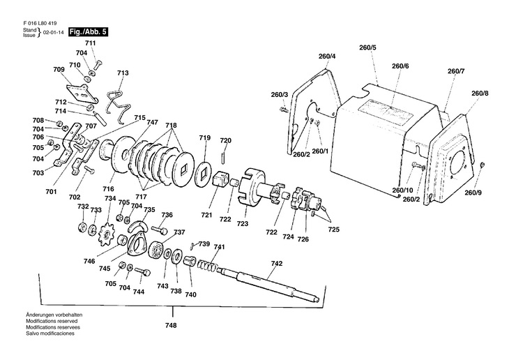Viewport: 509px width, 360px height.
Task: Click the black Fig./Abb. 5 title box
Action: pyautogui.click(x=88, y=32)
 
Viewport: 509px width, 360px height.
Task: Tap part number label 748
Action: pyautogui.click(x=171, y=325)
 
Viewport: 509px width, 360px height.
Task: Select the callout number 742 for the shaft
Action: pyautogui.click(x=276, y=264)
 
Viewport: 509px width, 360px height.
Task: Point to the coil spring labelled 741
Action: pyautogui.click(x=207, y=265)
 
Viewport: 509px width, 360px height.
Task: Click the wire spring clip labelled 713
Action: pyautogui.click(x=119, y=106)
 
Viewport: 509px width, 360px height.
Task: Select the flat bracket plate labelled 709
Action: pyautogui.click(x=81, y=94)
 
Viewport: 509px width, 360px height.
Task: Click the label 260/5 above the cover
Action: pyautogui.click(x=367, y=47)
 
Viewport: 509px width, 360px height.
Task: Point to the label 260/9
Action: pyautogui.click(x=473, y=193)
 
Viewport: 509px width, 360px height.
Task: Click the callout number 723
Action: pyautogui.click(x=243, y=223)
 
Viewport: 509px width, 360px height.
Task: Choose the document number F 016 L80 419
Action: pyautogui.click(x=40, y=24)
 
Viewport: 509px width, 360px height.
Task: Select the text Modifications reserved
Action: pyautogui.click(x=52, y=321)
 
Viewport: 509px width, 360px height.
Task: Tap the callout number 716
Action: pyautogui.click(x=108, y=189)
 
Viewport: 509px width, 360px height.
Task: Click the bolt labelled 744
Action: pyautogui.click(x=143, y=271)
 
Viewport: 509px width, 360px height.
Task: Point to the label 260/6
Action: pyautogui.click(x=400, y=66)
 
